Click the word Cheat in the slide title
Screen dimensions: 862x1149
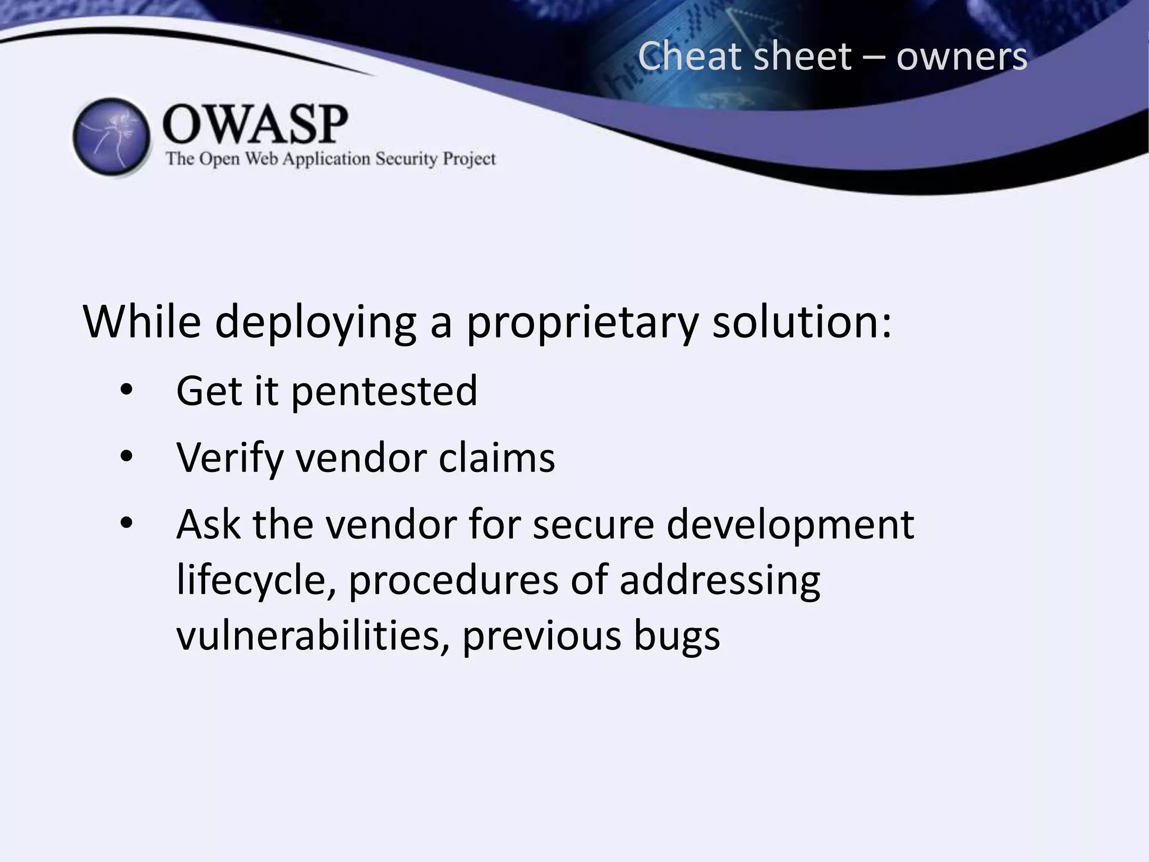point(688,57)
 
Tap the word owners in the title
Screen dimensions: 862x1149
point(961,57)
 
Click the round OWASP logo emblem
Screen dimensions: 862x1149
point(112,137)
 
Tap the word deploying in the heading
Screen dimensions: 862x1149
point(315,323)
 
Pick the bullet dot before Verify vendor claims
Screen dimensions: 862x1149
point(126,457)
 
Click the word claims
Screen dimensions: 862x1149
point(497,457)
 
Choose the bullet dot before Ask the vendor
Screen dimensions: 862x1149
point(126,523)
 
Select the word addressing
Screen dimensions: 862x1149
point(720,580)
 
